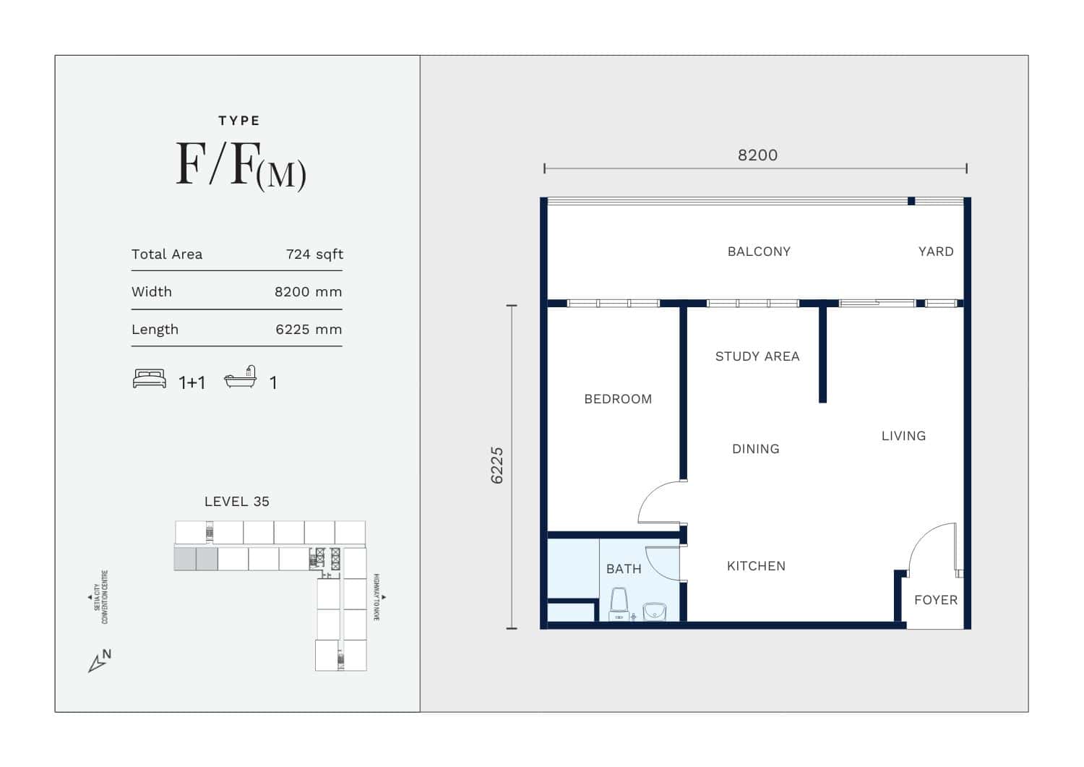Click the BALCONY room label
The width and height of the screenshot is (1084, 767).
(759, 252)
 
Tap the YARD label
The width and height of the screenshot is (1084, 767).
(936, 252)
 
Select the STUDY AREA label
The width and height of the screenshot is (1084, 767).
(757, 356)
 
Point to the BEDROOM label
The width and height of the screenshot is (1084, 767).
(618, 399)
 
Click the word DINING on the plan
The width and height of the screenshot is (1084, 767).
(756, 449)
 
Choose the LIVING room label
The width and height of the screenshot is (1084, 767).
(903, 436)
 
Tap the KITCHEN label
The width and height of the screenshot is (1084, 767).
(757, 566)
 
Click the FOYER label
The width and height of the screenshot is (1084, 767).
(936, 600)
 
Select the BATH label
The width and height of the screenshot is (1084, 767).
(624, 569)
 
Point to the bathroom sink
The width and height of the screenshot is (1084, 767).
(655, 612)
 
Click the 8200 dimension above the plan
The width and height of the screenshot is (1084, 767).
(758, 155)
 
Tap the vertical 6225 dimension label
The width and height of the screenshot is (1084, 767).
(497, 466)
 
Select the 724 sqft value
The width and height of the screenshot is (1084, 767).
(314, 254)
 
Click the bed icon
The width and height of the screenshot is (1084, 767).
(150, 379)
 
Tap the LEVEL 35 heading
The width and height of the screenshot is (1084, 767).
(236, 502)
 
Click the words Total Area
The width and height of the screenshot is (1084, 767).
(167, 254)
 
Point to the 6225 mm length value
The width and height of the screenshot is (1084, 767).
(309, 330)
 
